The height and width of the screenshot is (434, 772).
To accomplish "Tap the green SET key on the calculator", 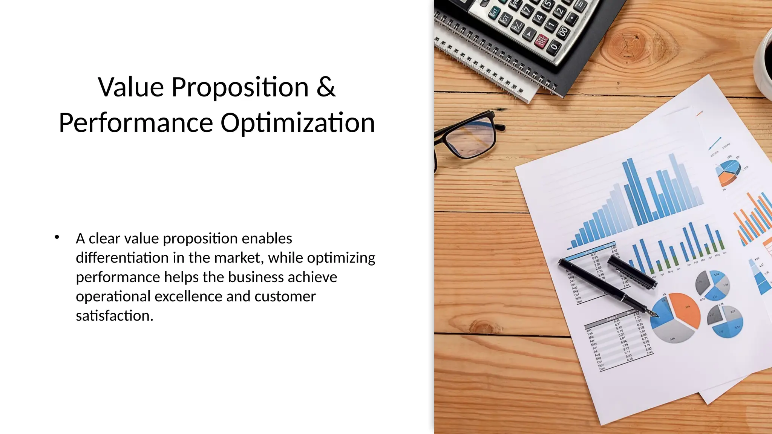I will (494, 11).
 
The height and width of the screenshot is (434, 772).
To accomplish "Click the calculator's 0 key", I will (553, 47).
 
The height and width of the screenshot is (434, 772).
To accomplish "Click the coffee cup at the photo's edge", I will (765, 57).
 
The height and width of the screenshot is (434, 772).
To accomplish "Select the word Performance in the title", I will (136, 123).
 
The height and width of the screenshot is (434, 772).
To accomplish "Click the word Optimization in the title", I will (297, 123).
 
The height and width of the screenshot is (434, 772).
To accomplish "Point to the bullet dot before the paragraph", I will (57, 237).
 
